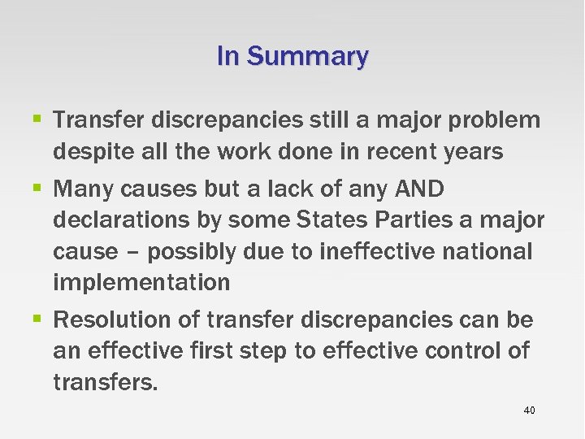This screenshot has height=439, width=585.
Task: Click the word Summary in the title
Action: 307,56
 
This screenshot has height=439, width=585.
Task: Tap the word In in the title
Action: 227,56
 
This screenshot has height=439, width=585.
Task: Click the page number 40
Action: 529,411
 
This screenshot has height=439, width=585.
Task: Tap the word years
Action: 473,151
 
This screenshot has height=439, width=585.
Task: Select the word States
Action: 331,220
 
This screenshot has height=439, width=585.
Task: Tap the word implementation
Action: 141,282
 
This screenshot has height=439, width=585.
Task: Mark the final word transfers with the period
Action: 106,382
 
